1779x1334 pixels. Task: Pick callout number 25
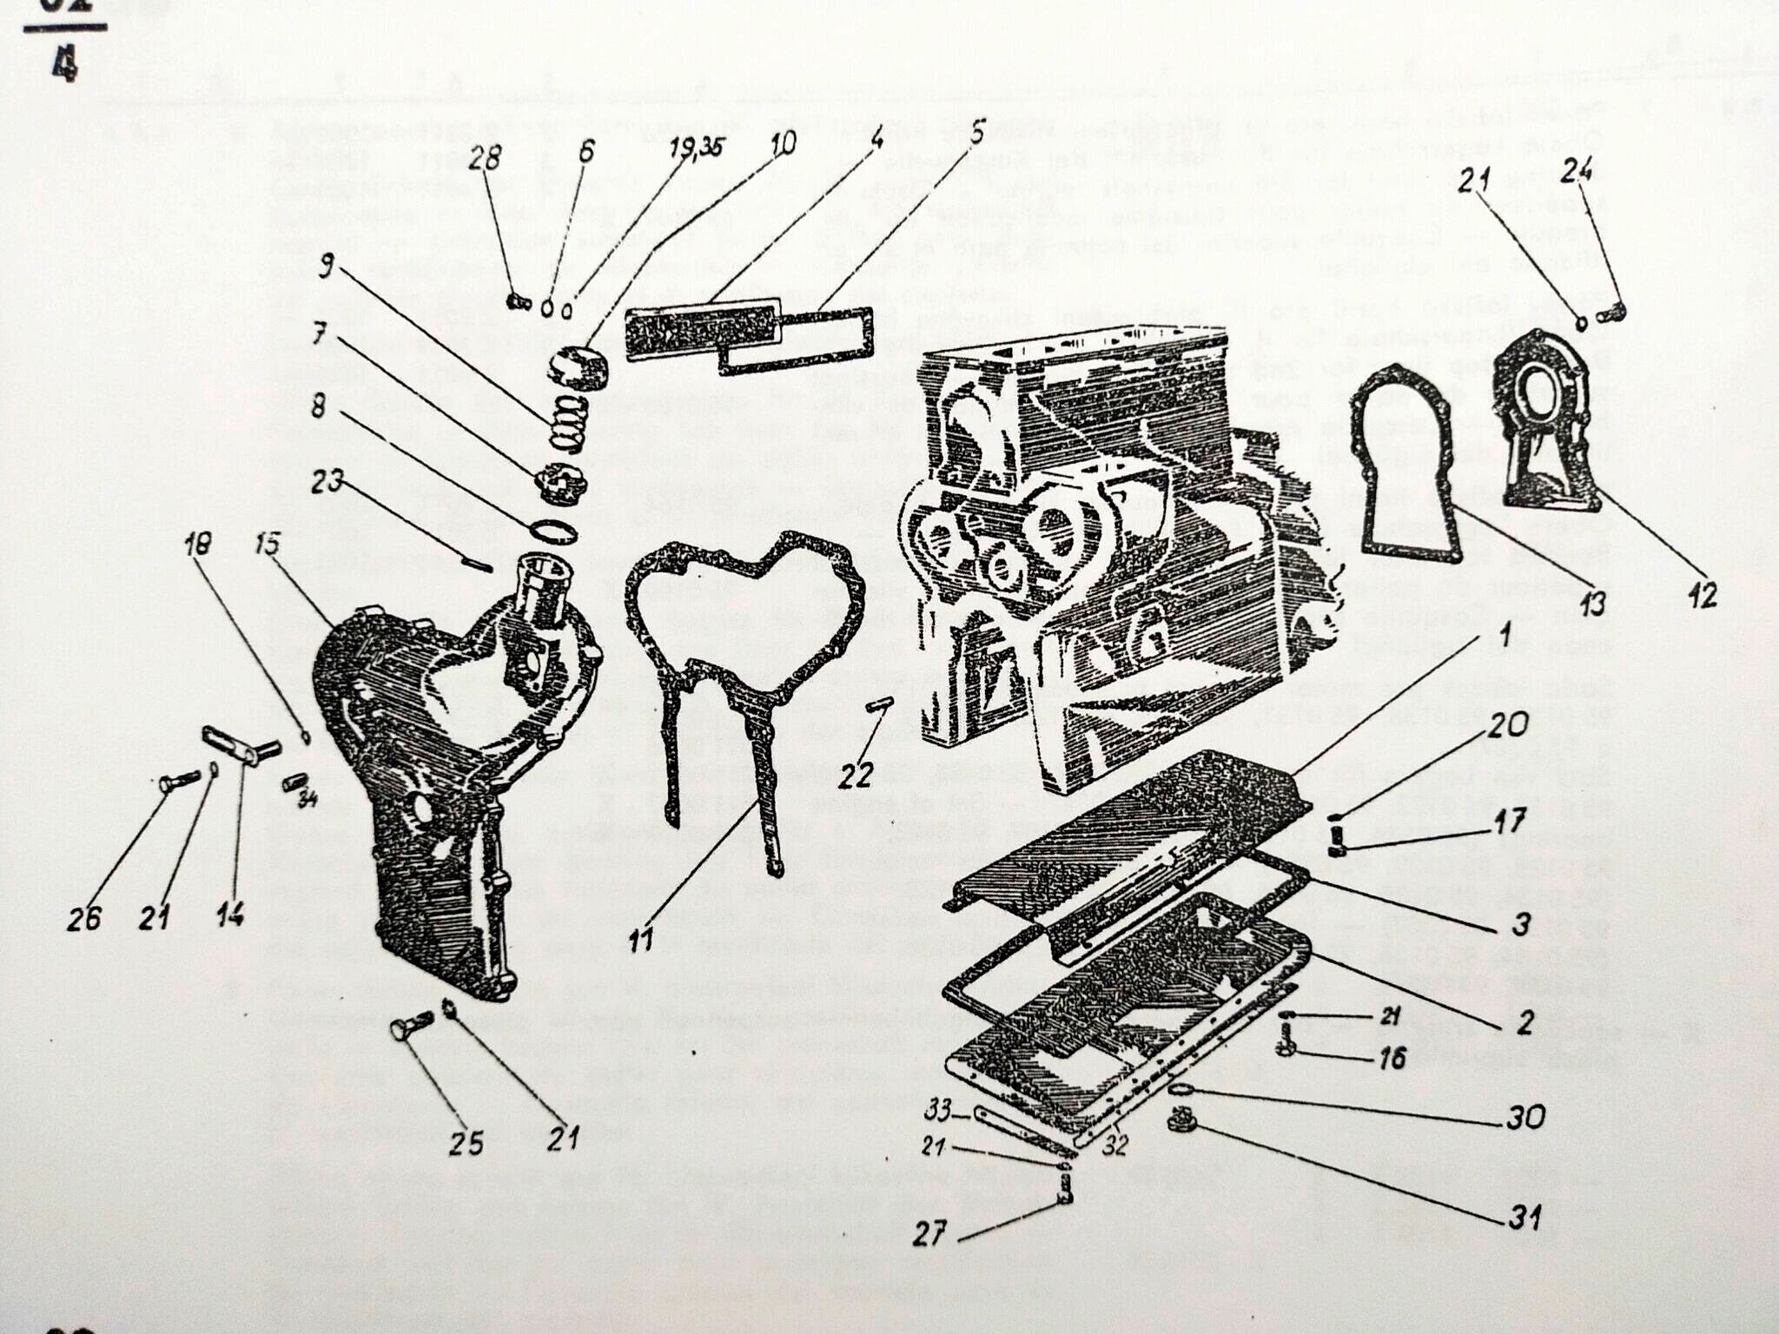(x=466, y=1143)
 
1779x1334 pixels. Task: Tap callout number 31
(x=1523, y=1217)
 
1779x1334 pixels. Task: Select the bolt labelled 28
(x=518, y=301)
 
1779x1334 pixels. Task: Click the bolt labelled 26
(x=175, y=783)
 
